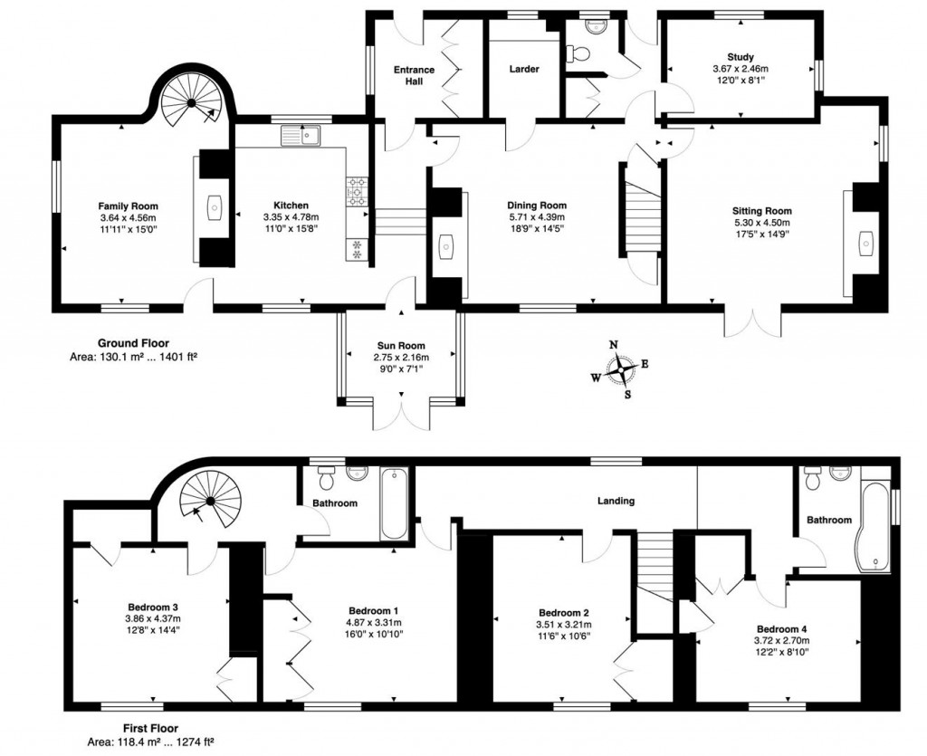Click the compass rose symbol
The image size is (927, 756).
pyautogui.click(x=621, y=369)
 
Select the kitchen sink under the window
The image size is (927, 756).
pyautogui.click(x=301, y=136)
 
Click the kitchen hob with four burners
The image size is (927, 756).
pyautogui.click(x=357, y=192)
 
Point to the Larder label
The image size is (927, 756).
pyautogui.click(x=524, y=69)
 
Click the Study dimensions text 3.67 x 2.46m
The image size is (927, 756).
pyautogui.click(x=741, y=69)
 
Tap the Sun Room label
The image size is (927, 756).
pyautogui.click(x=401, y=346)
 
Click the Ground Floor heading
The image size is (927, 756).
pyautogui.click(x=133, y=343)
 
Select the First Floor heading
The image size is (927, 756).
pyautogui.click(x=150, y=728)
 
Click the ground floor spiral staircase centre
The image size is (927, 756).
pyautogui.click(x=192, y=103)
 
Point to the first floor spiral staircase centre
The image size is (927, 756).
pyautogui.click(x=210, y=502)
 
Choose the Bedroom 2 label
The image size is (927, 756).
pyautogui.click(x=563, y=613)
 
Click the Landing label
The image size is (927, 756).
pyautogui.click(x=616, y=501)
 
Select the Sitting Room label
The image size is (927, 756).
pyautogui.click(x=761, y=211)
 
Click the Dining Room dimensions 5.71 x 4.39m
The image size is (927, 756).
pyautogui.click(x=536, y=217)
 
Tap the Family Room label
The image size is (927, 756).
pyautogui.click(x=128, y=206)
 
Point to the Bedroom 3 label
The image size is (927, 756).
pyautogui.click(x=153, y=607)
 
